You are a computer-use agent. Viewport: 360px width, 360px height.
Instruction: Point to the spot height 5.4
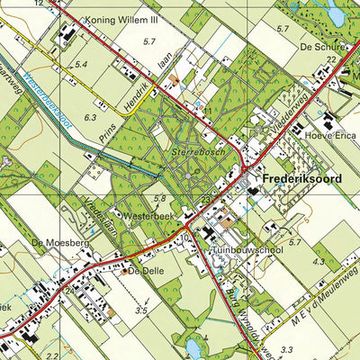pos(81,65)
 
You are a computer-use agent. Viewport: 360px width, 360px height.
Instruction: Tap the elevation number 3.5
pos(141,310)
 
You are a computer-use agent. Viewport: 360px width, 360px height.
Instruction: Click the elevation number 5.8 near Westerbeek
pos(160,198)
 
